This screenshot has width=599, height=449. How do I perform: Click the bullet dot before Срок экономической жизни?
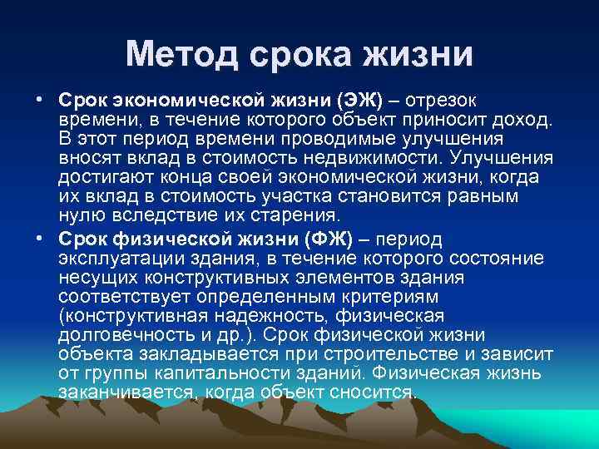[x=39, y=99]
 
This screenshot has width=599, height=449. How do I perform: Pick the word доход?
[x=521, y=120]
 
